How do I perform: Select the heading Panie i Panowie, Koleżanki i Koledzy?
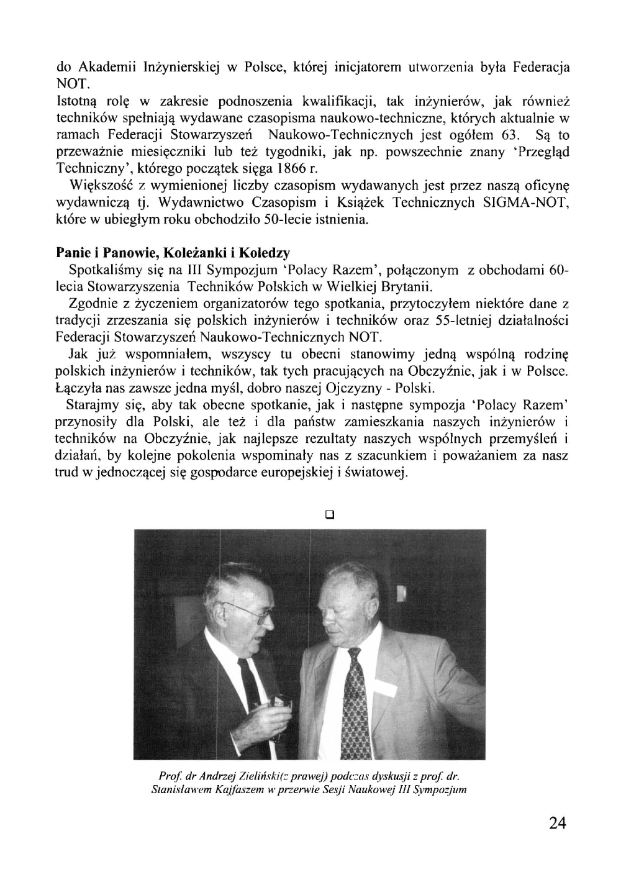coord(173,253)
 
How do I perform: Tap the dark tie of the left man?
coord(250,677)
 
